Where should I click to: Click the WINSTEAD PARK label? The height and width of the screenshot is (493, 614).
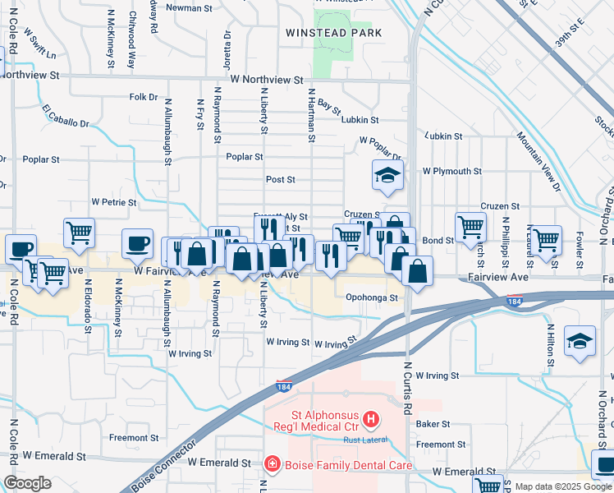pos(333,33)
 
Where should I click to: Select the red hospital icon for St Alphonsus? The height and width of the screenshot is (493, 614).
pos(371,420)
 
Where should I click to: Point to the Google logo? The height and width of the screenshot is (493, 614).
pos(27,483)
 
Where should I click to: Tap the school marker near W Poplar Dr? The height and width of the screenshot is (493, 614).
pos(387,175)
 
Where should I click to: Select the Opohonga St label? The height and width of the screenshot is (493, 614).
pos(372,297)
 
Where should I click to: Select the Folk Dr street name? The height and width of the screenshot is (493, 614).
pos(143,97)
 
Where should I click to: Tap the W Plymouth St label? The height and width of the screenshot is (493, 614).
pos(451,171)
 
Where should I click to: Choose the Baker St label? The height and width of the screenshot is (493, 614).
pos(433,424)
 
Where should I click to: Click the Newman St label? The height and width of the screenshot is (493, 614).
pos(189,7)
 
